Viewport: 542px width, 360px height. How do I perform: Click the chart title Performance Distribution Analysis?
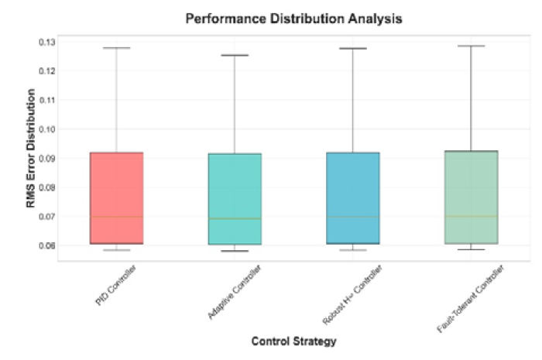click(293, 18)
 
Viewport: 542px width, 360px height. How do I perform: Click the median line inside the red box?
click(116, 217)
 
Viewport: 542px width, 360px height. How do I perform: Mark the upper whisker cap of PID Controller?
click(116, 48)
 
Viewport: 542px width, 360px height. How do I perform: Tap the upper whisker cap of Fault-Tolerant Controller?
click(471, 46)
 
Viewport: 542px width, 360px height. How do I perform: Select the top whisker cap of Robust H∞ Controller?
click(353, 49)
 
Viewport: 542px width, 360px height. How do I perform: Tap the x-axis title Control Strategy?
click(293, 341)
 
